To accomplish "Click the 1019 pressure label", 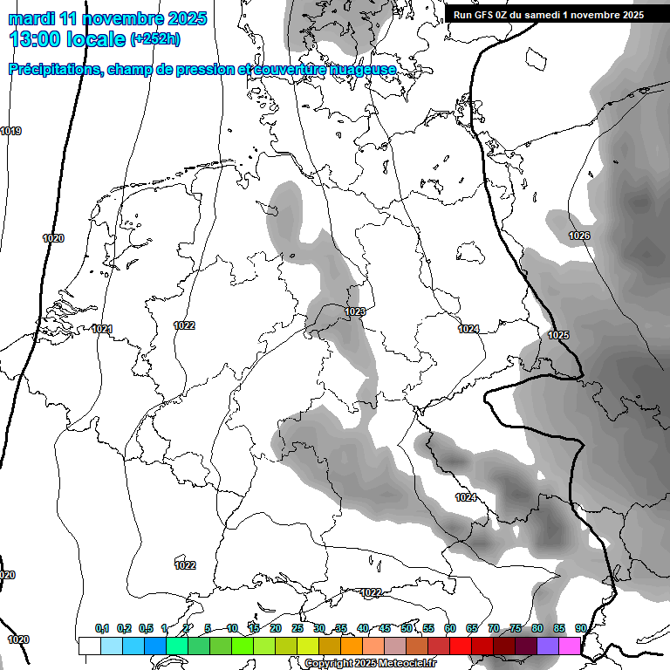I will coord(10,131).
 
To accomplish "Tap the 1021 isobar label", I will coord(102,329).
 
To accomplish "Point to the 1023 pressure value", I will coord(354,311).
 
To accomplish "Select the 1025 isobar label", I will coord(558,335).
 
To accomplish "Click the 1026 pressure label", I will coord(579,236).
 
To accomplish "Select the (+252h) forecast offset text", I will coord(158,39).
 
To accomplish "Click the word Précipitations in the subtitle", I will coord(53,69).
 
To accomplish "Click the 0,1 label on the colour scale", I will coord(102,628).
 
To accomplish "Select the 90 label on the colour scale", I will coord(581,628).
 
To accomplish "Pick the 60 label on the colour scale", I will coord(450,628).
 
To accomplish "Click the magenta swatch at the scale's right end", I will coord(570,646).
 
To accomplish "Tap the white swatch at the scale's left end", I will coord(89,646).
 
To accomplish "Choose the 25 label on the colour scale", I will coord(297,628).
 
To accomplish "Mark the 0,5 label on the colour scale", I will coord(146,628).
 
